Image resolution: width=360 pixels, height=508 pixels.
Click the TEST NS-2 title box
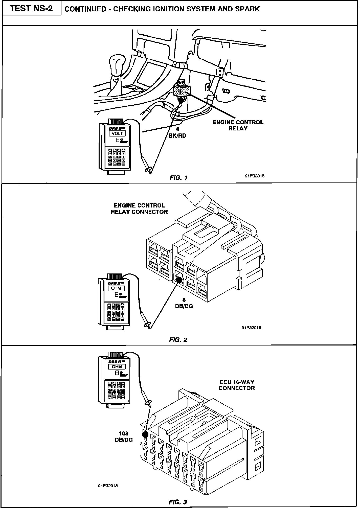click(x=32, y=9)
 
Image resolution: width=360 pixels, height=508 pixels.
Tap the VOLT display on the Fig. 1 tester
click(x=118, y=133)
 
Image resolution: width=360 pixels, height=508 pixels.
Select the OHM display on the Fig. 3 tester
click(x=117, y=366)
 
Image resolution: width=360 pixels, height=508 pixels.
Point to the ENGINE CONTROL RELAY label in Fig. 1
click(x=238, y=125)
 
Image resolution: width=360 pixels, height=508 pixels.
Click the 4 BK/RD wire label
click(x=177, y=133)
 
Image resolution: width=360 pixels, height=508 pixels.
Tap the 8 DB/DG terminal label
click(x=184, y=303)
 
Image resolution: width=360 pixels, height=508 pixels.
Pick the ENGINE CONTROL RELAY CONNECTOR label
click(x=139, y=209)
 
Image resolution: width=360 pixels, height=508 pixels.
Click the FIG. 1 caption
click(x=178, y=178)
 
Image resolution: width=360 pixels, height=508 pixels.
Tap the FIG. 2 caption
click(x=178, y=340)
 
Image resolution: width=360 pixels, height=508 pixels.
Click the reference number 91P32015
click(x=255, y=176)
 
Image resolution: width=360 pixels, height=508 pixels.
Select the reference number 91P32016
click(x=251, y=328)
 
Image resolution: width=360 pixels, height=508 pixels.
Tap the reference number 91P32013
click(x=108, y=486)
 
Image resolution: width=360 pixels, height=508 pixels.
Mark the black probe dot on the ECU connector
click(x=145, y=434)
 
